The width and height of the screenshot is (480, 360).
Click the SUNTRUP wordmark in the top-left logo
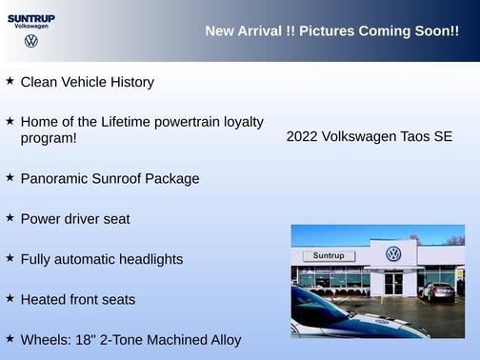[x=31, y=17]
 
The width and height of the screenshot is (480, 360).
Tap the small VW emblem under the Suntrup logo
[x=31, y=41]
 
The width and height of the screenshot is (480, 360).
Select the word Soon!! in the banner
[x=436, y=31]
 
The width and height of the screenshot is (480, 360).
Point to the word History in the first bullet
[x=130, y=83]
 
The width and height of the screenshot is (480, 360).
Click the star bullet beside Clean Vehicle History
[x=10, y=81]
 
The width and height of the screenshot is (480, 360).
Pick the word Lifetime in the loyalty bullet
[x=144, y=123]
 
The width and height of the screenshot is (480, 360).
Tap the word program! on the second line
[x=49, y=139]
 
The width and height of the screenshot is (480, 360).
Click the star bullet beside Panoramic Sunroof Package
[x=10, y=177]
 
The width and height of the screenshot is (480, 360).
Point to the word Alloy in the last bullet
[x=223, y=340]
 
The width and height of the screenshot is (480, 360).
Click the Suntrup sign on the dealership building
[x=329, y=256]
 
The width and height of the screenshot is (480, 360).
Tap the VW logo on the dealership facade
[x=393, y=254]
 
